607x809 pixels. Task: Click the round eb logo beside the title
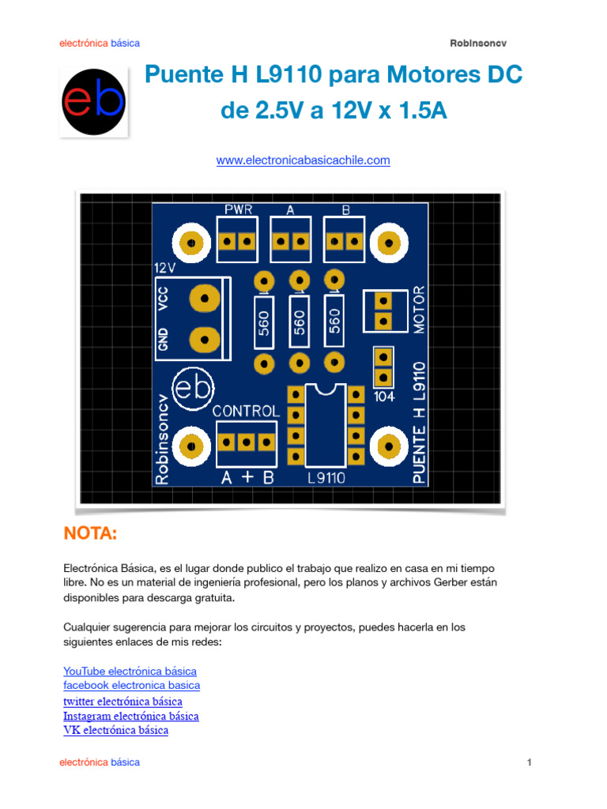pyautogui.click(x=94, y=101)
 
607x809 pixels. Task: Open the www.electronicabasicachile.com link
pyautogui.click(x=303, y=160)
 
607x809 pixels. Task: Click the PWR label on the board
pyautogui.click(x=238, y=209)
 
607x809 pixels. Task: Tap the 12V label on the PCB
pyautogui.click(x=165, y=269)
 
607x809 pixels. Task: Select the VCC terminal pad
pyautogui.click(x=205, y=298)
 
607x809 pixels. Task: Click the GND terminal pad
pyautogui.click(x=205, y=339)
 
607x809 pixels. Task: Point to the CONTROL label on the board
pyautogui.click(x=246, y=412)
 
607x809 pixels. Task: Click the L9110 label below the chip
pyautogui.click(x=326, y=478)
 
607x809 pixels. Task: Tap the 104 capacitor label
pyautogui.click(x=384, y=397)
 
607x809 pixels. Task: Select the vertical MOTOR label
pyautogui.click(x=420, y=310)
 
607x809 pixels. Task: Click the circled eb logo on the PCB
pyautogui.click(x=194, y=389)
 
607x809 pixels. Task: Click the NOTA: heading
pyautogui.click(x=90, y=535)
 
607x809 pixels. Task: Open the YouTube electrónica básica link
pyautogui.click(x=130, y=671)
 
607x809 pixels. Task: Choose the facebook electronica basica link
pyautogui.click(x=131, y=685)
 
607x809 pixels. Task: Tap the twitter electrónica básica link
pyautogui.click(x=123, y=701)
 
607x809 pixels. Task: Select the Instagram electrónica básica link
pyautogui.click(x=130, y=716)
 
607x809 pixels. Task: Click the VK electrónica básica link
pyautogui.click(x=115, y=730)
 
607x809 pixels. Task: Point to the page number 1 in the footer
pyautogui.click(x=529, y=762)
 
